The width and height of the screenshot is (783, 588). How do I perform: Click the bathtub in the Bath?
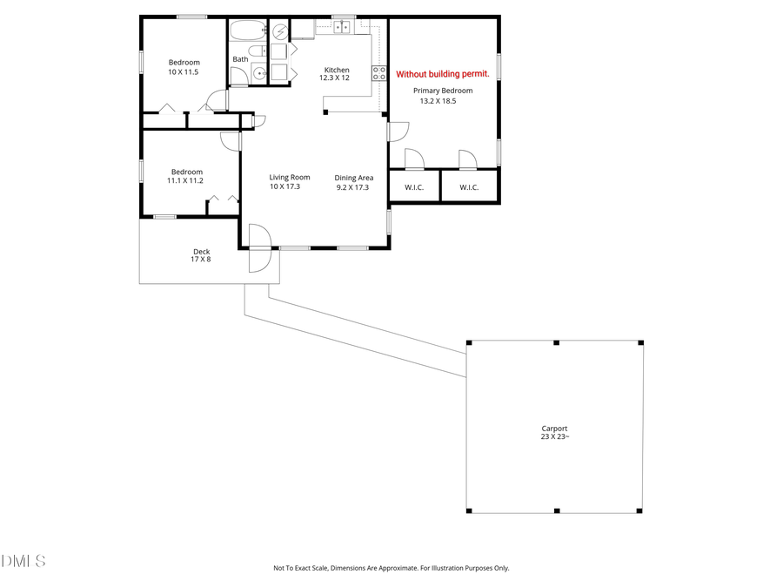(247, 31)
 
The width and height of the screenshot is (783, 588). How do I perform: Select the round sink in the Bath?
(260, 73)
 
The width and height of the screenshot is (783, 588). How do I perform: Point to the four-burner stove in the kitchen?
(379, 73)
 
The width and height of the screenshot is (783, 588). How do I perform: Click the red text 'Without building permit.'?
(443, 75)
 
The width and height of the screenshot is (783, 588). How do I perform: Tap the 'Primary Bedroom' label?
(443, 91)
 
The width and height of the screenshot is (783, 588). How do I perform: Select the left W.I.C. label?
(413, 187)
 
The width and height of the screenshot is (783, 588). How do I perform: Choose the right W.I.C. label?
(469, 187)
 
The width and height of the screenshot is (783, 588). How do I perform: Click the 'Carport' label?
(554, 429)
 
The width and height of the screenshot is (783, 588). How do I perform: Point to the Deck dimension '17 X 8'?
(201, 259)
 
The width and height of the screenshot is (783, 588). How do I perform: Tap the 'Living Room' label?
(289, 178)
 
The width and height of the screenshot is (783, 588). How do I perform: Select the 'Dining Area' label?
(353, 178)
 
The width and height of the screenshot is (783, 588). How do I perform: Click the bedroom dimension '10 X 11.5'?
(184, 71)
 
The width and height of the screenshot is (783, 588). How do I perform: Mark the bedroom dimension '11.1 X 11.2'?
(186, 181)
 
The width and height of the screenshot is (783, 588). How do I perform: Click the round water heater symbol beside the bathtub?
(278, 31)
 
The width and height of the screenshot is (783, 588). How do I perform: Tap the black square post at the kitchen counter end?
(325, 112)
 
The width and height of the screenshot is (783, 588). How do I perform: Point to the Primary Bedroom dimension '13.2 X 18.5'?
(438, 101)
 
